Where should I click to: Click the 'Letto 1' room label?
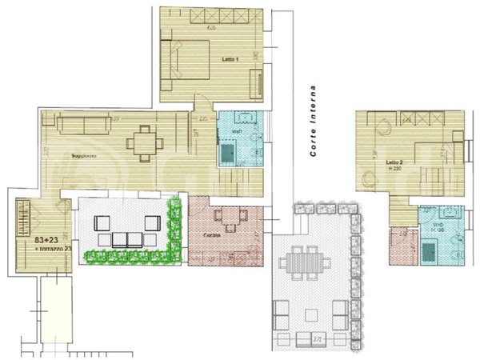coord(230,60)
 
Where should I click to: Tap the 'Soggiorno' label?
coord(83,154)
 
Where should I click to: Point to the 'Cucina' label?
coord(212,234)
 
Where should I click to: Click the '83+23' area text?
coord(46,239)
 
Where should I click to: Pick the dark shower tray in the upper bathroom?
coord(229,151)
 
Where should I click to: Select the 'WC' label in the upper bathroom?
coord(237,130)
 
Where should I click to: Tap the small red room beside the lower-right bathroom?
coord(400,246)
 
